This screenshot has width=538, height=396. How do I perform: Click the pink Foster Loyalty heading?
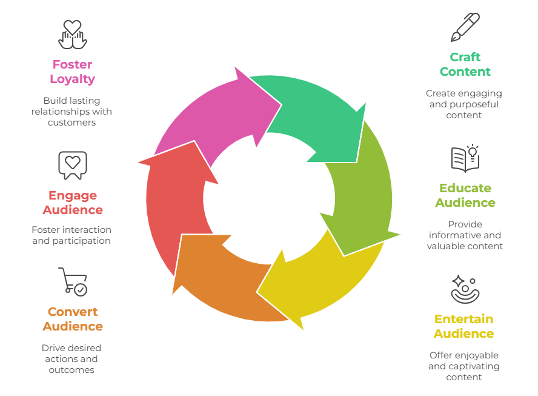(x=72, y=72)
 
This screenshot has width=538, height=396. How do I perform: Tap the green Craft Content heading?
(x=465, y=64)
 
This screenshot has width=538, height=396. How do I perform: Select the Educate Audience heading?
(x=465, y=195)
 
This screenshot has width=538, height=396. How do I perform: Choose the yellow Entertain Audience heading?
(x=463, y=326)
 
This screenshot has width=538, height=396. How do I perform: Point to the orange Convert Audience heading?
(x=73, y=319)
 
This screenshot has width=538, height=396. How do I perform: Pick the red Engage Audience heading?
(x=73, y=203)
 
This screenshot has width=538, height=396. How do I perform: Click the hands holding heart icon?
(x=73, y=34)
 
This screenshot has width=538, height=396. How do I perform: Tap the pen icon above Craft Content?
(x=465, y=27)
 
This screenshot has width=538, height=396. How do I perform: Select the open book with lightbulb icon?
(x=465, y=159)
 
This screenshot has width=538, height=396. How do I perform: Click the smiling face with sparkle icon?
(x=465, y=289)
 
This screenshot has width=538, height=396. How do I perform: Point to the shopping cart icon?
(x=73, y=282)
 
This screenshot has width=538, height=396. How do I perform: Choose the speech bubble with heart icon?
(x=73, y=165)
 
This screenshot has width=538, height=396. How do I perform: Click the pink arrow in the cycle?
(x=212, y=109)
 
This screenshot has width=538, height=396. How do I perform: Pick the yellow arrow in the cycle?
(x=315, y=279)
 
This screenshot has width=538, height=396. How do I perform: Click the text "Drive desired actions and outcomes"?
(x=71, y=358)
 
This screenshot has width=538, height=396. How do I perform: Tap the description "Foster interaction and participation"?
(x=71, y=235)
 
